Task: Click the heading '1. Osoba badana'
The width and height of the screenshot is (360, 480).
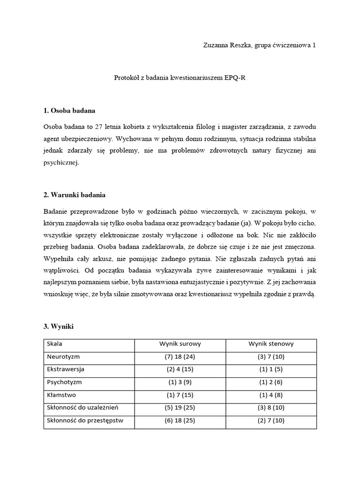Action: coord(69,111)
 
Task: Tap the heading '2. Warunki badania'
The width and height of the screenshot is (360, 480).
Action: coord(74,195)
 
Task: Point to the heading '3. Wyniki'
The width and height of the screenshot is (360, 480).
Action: coord(59,326)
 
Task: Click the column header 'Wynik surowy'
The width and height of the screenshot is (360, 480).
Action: coord(180,344)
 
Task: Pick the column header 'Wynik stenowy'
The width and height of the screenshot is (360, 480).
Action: coord(271,344)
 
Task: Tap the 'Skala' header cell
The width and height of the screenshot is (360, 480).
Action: coord(54,344)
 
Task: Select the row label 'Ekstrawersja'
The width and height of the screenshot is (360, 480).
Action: coord(65,369)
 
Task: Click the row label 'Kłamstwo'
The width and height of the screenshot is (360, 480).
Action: coord(61,395)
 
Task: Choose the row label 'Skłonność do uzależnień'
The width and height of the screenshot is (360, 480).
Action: coord(82,407)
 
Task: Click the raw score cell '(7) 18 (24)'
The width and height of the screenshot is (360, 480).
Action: coord(180,356)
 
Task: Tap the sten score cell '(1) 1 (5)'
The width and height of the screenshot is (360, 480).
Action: coord(271,369)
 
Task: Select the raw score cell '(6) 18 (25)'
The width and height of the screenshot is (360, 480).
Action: coord(180,420)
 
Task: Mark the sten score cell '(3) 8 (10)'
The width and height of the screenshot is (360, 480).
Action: coord(271,407)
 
